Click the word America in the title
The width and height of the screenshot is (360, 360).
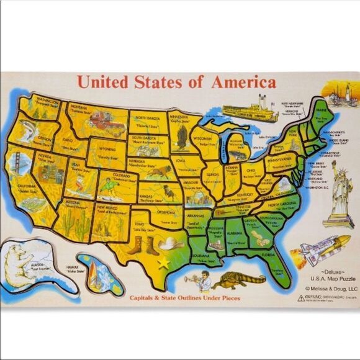243,82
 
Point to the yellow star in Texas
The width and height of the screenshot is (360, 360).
164,263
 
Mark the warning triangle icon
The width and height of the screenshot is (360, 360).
301,298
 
